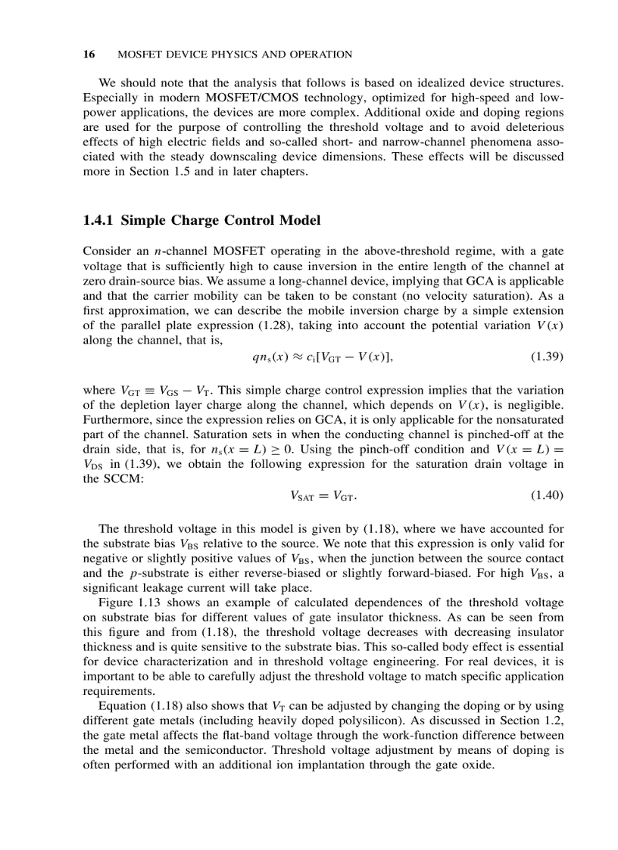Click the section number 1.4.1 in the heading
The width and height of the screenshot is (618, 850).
(98, 220)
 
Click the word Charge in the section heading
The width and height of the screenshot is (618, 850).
(200, 220)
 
